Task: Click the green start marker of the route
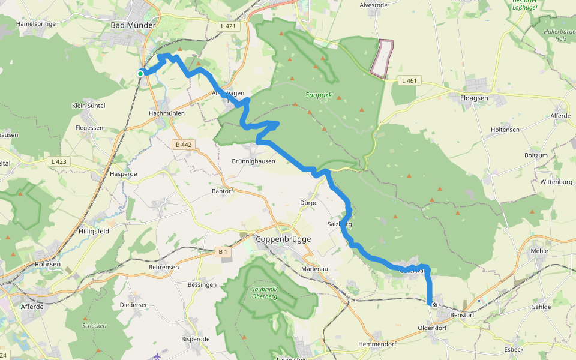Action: point(140,73)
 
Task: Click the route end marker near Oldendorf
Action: point(435,305)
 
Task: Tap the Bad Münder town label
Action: point(133,25)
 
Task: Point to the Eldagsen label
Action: point(474,97)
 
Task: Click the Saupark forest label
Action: point(319,95)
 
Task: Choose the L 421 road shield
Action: point(227,26)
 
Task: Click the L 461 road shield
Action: point(409,80)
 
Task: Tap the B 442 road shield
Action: point(184,145)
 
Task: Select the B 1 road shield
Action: point(222,252)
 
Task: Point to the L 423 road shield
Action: point(58,161)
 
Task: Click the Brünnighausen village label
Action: point(253,161)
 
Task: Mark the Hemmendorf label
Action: point(377,344)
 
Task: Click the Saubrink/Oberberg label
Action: point(264,293)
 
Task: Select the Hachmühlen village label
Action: point(167,113)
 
